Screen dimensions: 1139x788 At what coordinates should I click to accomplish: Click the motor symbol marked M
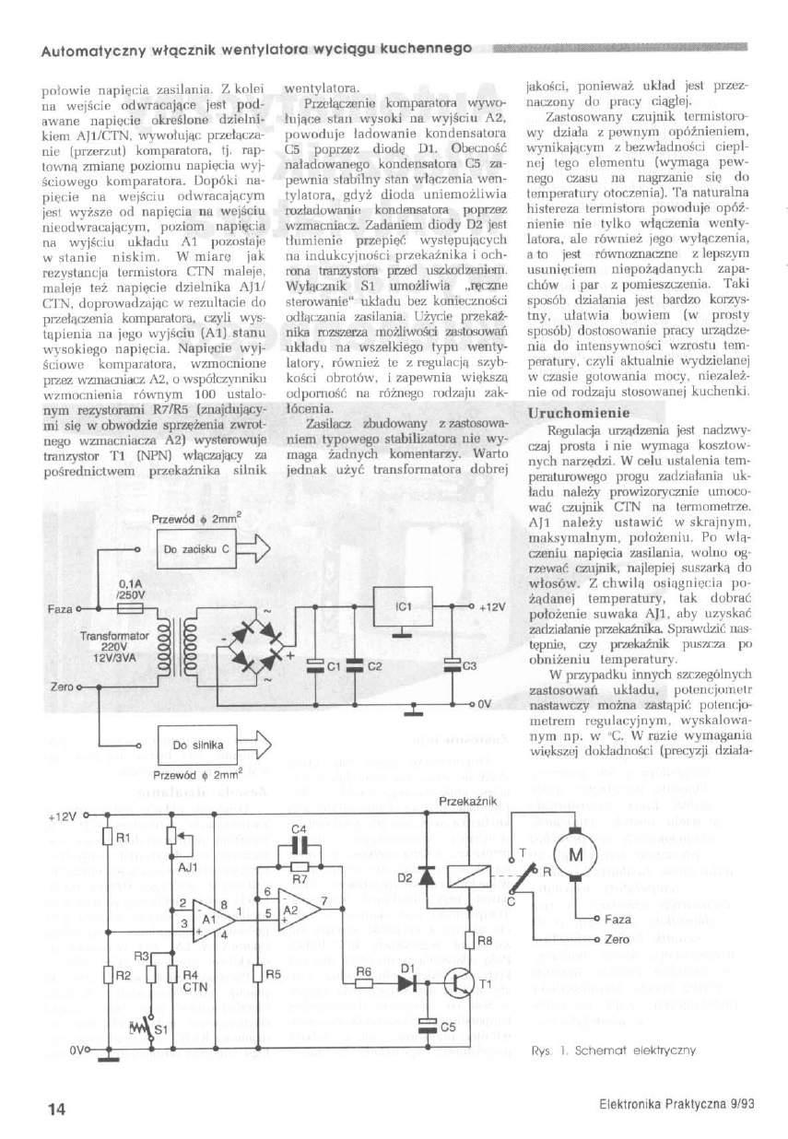point(576,855)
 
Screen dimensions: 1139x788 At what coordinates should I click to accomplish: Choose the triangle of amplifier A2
point(298,911)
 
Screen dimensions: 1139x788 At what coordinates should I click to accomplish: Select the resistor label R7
point(300,881)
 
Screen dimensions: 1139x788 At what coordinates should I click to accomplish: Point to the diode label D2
point(405,878)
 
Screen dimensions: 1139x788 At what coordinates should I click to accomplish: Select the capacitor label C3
point(468,665)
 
